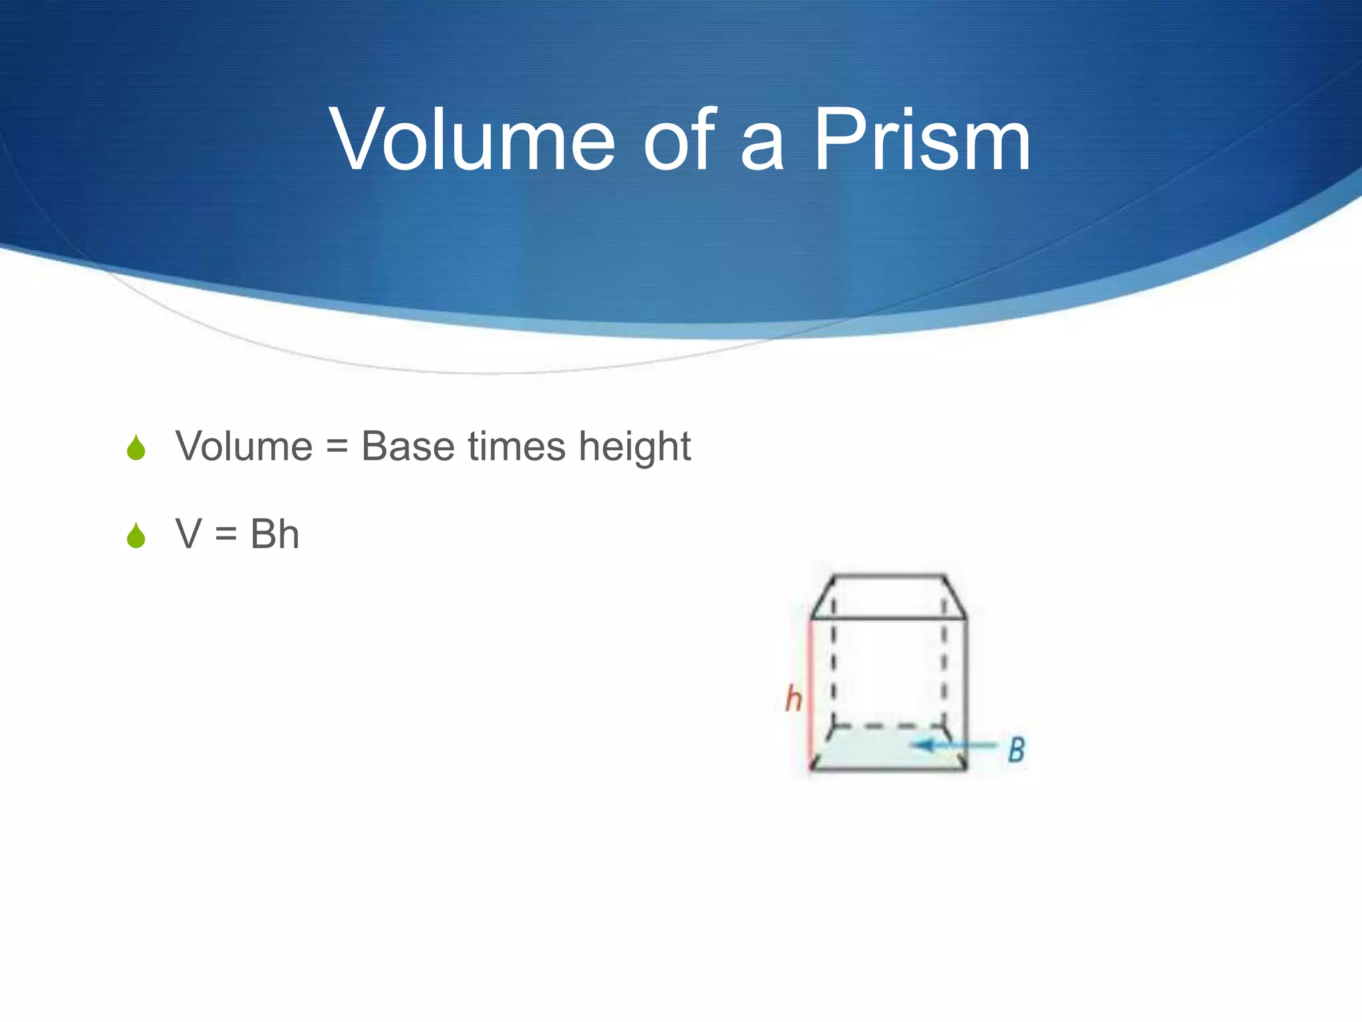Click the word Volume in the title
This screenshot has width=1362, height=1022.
[472, 141]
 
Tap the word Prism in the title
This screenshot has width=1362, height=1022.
[922, 141]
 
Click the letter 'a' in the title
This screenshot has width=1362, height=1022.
[762, 148]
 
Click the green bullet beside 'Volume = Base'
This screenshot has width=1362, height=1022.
[136, 448]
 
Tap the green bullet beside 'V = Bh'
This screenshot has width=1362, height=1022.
[136, 536]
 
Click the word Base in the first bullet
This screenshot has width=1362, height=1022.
[408, 446]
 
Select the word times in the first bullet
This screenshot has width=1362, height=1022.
[517, 446]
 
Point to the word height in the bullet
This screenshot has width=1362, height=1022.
[634, 447]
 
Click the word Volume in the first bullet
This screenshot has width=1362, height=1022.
[243, 446]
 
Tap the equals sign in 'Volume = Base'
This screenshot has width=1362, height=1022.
[337, 447]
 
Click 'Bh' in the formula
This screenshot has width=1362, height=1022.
[274, 534]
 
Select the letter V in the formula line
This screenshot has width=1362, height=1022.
[189, 534]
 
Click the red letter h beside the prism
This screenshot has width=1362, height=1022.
[793, 699]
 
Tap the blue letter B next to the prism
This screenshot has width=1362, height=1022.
[1016, 750]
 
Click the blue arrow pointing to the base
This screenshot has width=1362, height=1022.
[954, 745]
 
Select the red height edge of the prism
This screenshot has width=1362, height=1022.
[811, 692]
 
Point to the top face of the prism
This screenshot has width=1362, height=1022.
[888, 597]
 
